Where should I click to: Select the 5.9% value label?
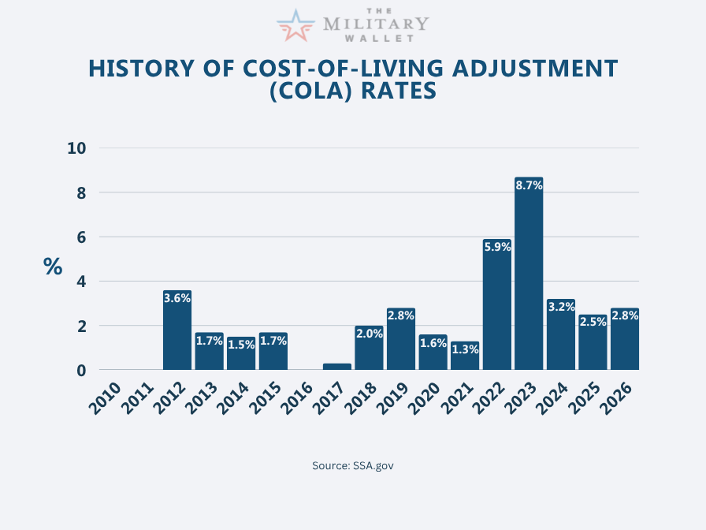[x=496, y=247]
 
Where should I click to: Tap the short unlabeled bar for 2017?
[x=337, y=366]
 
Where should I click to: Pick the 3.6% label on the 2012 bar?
[x=177, y=298]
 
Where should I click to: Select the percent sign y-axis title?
[x=53, y=267]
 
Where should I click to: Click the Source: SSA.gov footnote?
[x=353, y=465]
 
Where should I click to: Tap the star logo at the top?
[x=295, y=25]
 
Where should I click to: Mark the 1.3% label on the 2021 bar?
[x=465, y=349]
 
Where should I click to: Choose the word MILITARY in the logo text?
[x=376, y=25]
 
